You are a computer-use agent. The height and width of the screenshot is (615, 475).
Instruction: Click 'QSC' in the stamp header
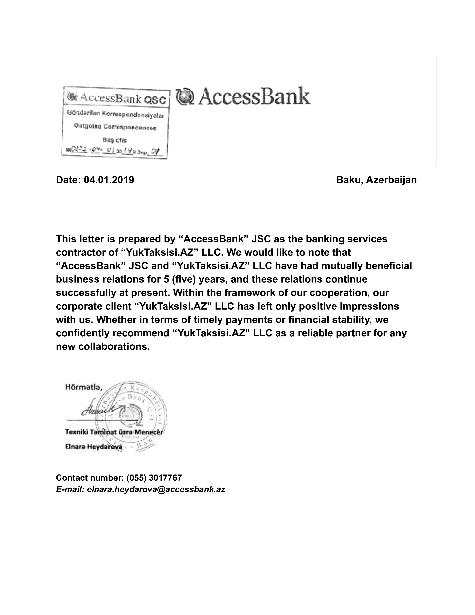pyautogui.click(x=154, y=99)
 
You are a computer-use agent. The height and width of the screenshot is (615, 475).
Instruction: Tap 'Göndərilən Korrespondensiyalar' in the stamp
pyautogui.click(x=116, y=114)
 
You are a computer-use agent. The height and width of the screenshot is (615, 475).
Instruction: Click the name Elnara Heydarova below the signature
pyautogui.click(x=94, y=447)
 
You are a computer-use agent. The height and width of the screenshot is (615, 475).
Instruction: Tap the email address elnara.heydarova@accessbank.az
pyautogui.click(x=156, y=489)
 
